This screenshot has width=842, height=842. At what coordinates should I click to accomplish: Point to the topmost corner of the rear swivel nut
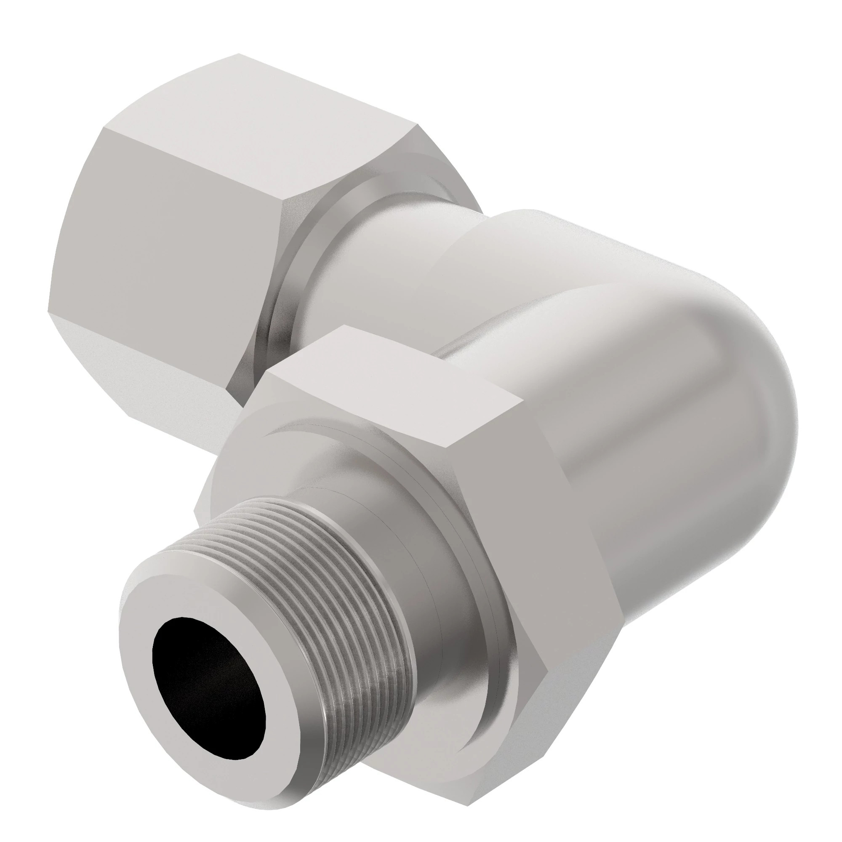tap(238, 54)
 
